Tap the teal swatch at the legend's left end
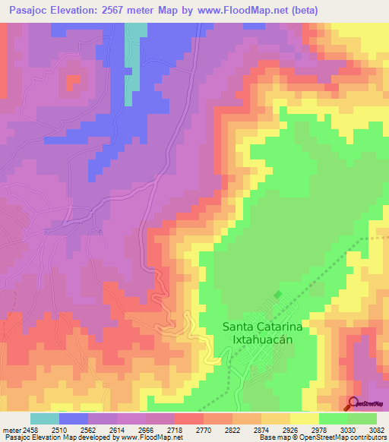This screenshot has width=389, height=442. (x=45, y=418)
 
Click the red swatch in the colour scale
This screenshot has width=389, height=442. (x=190, y=418)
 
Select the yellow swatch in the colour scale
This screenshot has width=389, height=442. (x=305, y=418)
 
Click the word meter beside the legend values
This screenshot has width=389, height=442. (x=12, y=429)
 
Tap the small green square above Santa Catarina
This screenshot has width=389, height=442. (x=277, y=294)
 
